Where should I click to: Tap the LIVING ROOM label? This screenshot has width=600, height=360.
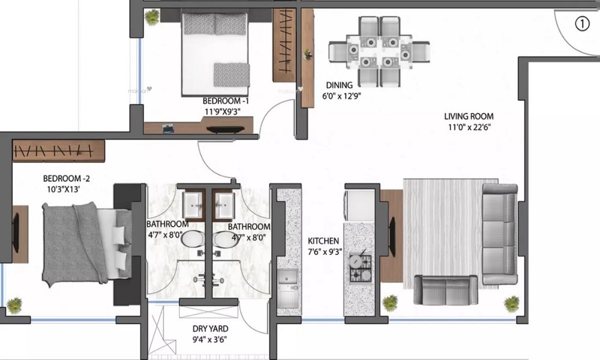pos(469,116)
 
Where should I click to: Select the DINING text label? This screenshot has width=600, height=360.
pos(340,85)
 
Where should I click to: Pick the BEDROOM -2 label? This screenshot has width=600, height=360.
pos(66,178)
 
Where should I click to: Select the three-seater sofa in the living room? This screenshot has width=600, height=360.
pos(499,234)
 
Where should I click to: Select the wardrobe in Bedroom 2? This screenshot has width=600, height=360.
pos(59,150)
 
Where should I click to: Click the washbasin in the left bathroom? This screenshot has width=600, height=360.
pos(193,205)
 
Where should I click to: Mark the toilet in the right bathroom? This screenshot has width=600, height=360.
pos(220,239)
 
